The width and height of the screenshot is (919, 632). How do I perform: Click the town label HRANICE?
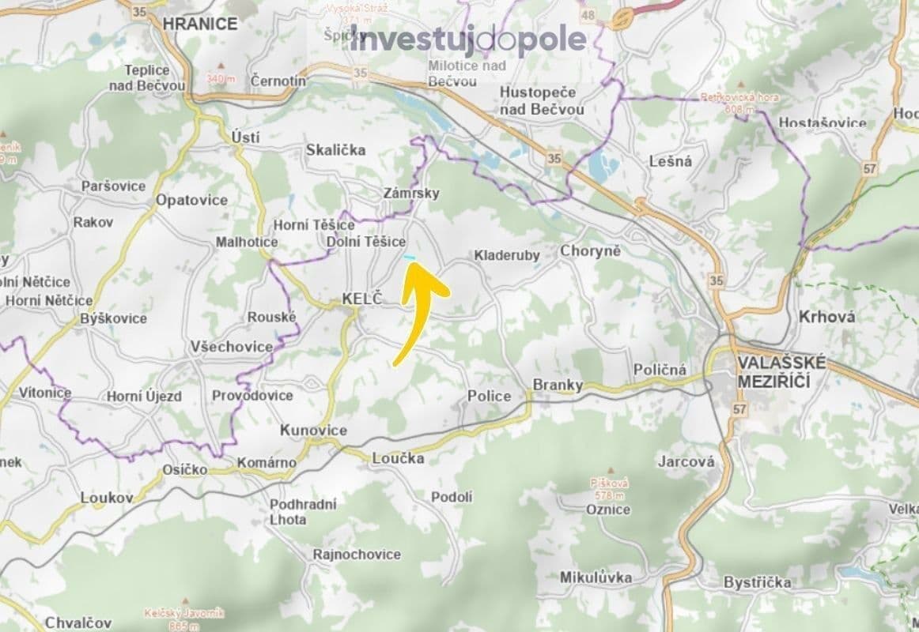[199, 24]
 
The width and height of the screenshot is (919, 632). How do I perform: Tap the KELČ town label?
[361, 299]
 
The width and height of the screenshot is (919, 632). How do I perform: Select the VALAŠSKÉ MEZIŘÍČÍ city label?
[781, 371]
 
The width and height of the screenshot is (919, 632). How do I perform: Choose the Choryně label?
[590, 251]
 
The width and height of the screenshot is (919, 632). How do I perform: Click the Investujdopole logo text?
[468, 39]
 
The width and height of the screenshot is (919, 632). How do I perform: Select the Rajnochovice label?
[357, 555]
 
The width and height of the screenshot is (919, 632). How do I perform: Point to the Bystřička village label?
[757, 582]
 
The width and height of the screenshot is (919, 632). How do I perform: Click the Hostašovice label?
[822, 122]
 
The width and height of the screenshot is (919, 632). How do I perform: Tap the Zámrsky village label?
[410, 193]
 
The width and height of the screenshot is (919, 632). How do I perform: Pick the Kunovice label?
[313, 431]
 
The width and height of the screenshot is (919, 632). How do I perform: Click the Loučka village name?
[398, 458]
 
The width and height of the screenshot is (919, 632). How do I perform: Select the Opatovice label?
[191, 200]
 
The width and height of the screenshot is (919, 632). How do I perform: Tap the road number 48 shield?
[587, 15]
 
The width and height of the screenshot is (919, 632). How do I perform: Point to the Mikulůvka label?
[595, 577]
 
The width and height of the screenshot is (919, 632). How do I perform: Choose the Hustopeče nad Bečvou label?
[542, 100]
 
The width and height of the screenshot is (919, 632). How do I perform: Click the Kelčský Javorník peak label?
[173, 617]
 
